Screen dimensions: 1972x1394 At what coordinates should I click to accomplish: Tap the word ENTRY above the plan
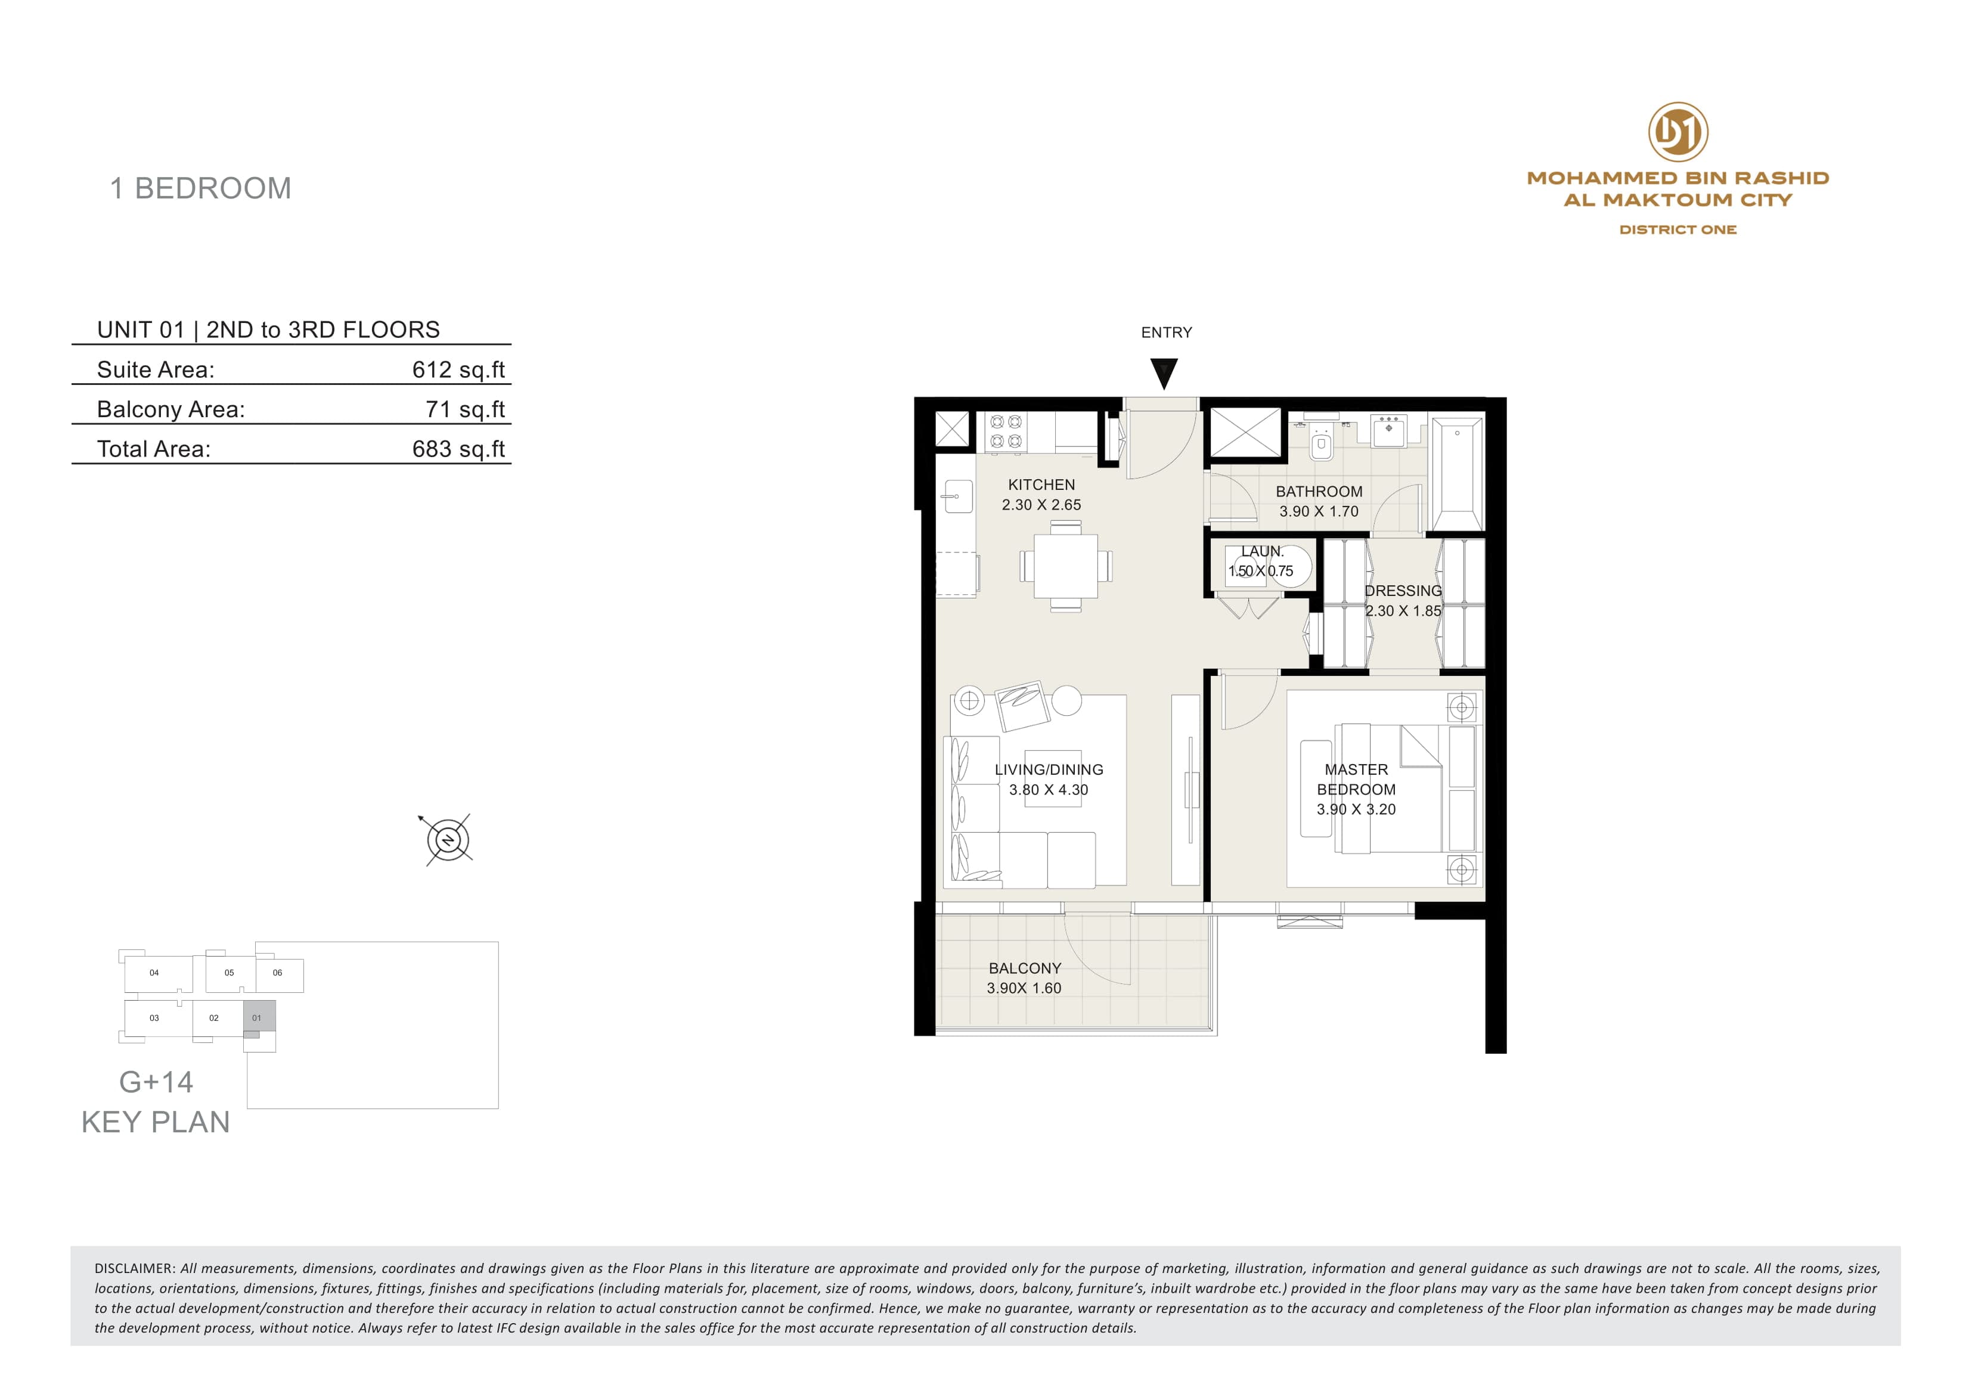click(x=1167, y=333)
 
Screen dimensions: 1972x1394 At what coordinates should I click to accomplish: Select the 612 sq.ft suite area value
click(x=458, y=370)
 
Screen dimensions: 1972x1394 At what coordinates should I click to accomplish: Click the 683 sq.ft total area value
click(x=458, y=449)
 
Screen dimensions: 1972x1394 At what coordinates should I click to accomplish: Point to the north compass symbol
click(x=448, y=839)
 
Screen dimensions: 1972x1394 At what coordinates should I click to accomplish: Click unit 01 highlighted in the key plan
click(x=259, y=1016)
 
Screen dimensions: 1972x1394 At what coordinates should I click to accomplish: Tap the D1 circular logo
click(x=1678, y=132)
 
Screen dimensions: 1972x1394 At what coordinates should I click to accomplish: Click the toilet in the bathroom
click(x=1321, y=442)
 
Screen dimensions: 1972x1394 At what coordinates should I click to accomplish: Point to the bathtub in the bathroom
click(x=1457, y=475)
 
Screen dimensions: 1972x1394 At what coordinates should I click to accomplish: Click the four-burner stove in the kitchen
click(x=1006, y=432)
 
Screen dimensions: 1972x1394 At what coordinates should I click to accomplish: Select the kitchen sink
click(x=957, y=496)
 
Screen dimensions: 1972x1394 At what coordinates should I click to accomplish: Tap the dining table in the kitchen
click(x=1066, y=566)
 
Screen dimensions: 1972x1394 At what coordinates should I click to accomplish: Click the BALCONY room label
click(x=1025, y=968)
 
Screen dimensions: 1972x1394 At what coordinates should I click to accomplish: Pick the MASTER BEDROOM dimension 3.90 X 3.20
click(x=1356, y=809)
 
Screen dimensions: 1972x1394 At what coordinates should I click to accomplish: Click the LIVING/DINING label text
click(x=1049, y=769)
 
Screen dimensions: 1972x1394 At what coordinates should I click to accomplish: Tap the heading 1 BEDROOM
click(x=201, y=188)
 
